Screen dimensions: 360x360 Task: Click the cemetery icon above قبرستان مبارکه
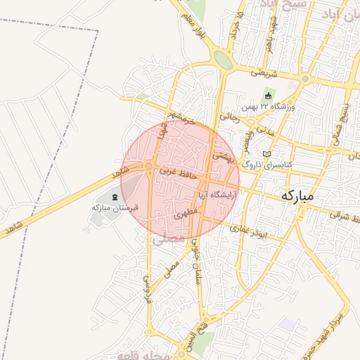tap(115, 196)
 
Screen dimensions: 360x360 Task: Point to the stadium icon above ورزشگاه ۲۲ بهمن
tap(267, 95)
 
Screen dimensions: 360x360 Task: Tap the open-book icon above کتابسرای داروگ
tap(266, 153)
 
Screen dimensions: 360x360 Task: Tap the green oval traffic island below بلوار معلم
tap(223, 60)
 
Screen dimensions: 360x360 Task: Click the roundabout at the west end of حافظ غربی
tap(150, 167)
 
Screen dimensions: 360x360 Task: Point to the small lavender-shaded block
tap(286, 324)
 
